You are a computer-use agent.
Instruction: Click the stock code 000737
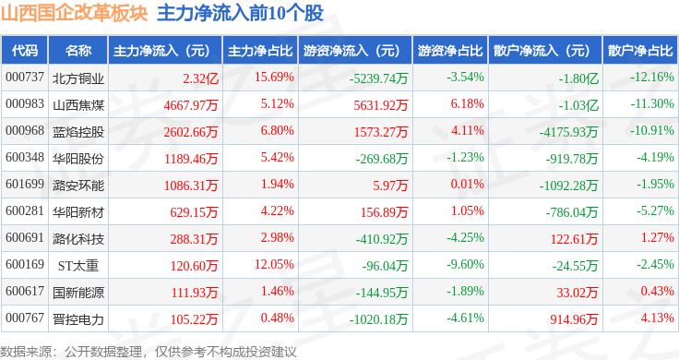point(25,78)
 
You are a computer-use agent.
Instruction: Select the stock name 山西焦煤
point(78,105)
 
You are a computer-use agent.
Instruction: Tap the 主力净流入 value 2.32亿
point(200,78)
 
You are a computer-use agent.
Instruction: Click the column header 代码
point(25,51)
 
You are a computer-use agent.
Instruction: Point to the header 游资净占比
point(450,51)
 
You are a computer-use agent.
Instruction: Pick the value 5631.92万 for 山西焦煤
point(381,105)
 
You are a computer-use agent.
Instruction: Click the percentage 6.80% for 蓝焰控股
point(277,130)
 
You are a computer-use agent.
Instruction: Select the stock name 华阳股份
point(78,159)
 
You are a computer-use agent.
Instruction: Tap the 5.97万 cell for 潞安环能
point(390,186)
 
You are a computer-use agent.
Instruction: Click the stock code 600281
point(25,211)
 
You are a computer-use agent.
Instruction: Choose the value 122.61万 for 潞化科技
point(574,239)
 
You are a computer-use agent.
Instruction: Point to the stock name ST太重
point(78,266)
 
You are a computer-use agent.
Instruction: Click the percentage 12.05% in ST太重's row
point(274,264)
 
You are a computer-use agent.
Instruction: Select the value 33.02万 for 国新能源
point(577,293)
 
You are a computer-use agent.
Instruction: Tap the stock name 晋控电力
point(78,319)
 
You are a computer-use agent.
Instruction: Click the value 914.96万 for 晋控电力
point(574,319)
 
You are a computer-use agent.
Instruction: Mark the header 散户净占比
point(640,51)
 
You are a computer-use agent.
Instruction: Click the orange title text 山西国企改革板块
point(75,13)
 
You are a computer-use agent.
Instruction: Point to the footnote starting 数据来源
point(149,352)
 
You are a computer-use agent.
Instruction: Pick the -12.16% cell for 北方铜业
point(652,78)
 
